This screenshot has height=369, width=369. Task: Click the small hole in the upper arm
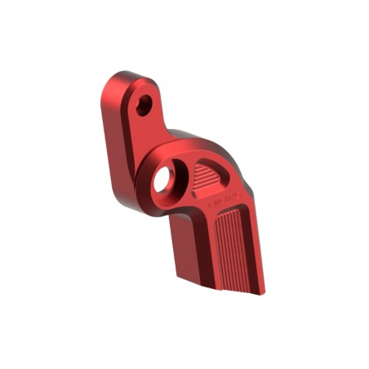coord(144,104)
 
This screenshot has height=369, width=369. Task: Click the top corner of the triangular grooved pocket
coord(201,164)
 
